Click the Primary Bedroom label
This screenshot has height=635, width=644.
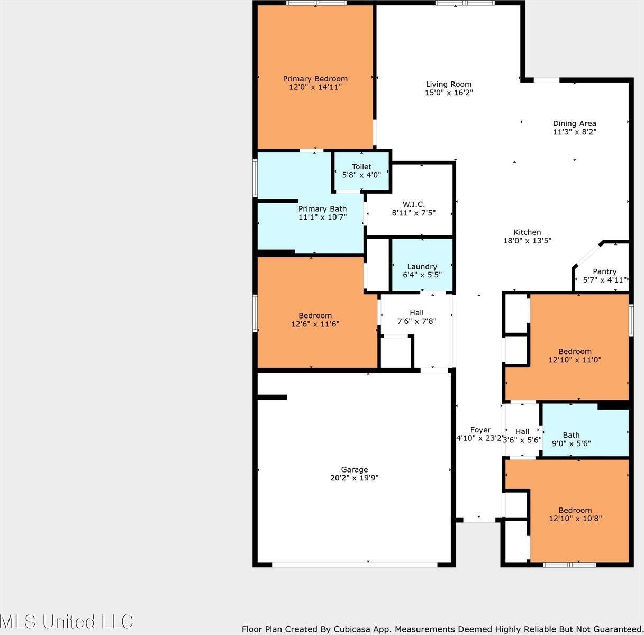click(x=315, y=79)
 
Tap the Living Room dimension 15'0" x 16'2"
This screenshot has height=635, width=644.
click(x=449, y=93)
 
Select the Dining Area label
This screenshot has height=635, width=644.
click(x=575, y=123)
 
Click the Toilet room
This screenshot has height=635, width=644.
click(x=361, y=170)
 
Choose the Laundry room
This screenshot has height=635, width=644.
click(x=422, y=270)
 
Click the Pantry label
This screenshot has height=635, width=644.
click(x=604, y=271)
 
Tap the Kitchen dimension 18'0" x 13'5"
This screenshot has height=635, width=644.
click(x=527, y=240)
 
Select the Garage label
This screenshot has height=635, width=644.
click(x=354, y=469)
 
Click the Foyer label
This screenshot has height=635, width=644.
click(x=480, y=430)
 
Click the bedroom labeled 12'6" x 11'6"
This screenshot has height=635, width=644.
click(x=315, y=320)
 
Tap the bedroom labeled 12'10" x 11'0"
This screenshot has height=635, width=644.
click(x=575, y=355)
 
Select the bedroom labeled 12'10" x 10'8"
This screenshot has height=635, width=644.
click(x=575, y=514)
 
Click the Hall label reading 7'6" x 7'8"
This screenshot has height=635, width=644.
click(x=416, y=316)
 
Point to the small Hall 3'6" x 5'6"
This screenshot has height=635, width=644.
click(x=522, y=436)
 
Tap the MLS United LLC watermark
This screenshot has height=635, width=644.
click(x=67, y=621)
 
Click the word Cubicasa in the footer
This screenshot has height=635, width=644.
click(x=352, y=629)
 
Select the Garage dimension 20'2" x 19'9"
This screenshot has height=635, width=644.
click(x=354, y=478)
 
